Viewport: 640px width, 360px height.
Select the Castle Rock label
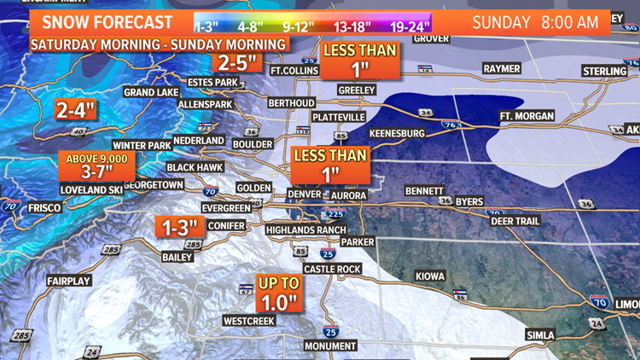pos(331,269)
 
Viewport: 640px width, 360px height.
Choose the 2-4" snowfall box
pos(76,109)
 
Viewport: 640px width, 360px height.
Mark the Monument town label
pos(330,345)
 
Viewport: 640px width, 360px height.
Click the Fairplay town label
pos(69,280)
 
